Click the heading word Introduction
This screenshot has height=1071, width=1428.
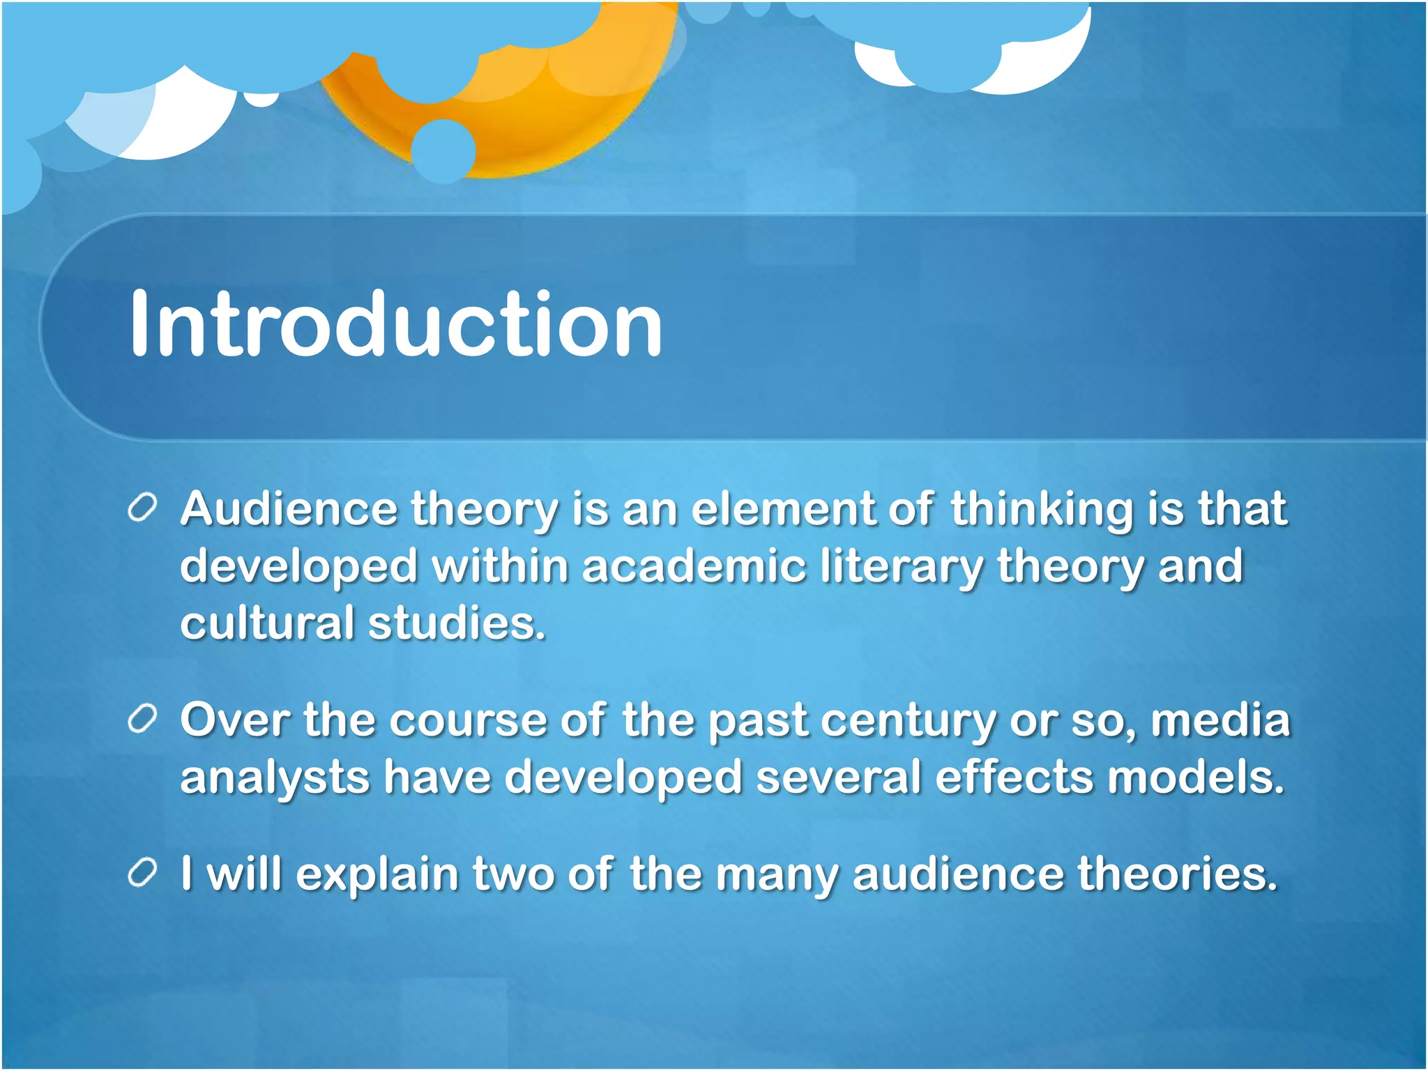pos(395,325)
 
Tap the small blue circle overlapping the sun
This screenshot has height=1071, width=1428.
pos(443,151)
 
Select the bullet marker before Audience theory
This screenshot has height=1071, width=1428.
pos(142,508)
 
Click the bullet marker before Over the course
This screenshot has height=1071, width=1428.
pos(142,720)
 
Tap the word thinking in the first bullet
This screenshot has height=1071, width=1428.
pos(1042,508)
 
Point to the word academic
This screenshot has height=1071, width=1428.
pos(694,565)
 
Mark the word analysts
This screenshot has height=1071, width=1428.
pos(275,778)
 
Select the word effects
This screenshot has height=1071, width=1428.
pos(1014,777)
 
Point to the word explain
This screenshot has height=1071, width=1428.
pos(377,874)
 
